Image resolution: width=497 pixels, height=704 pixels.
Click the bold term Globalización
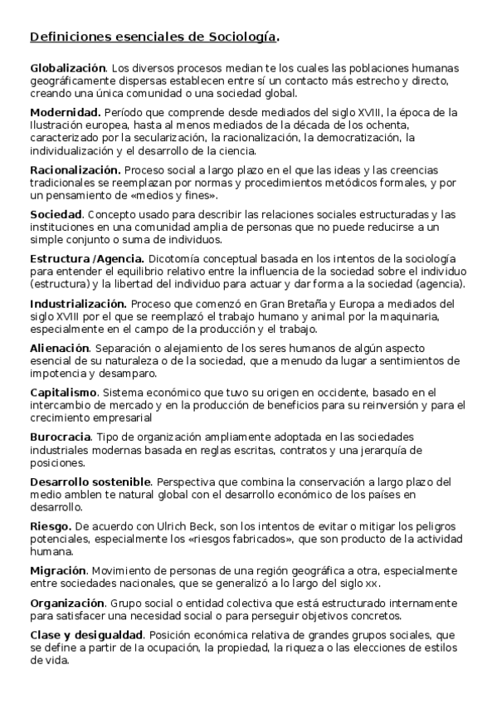click(x=68, y=66)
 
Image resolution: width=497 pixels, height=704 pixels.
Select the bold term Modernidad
click(x=66, y=111)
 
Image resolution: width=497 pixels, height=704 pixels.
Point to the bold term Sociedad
click(x=56, y=213)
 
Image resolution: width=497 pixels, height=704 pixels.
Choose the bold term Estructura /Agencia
click(x=87, y=258)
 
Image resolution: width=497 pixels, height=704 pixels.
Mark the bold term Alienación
click(x=59, y=348)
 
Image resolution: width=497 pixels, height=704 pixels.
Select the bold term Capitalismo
click(x=64, y=392)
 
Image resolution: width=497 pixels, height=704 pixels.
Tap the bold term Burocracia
click(x=61, y=437)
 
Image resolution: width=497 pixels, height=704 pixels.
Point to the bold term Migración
click(x=58, y=571)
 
